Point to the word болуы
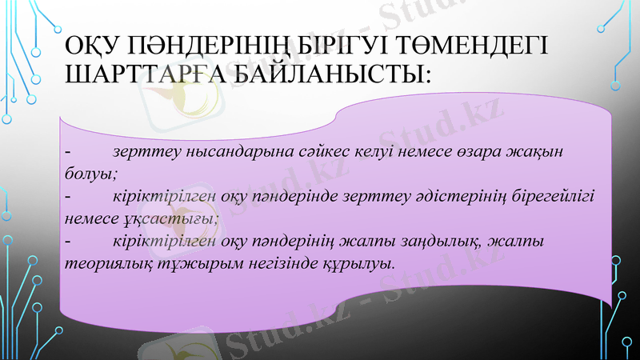coord(89,173)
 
